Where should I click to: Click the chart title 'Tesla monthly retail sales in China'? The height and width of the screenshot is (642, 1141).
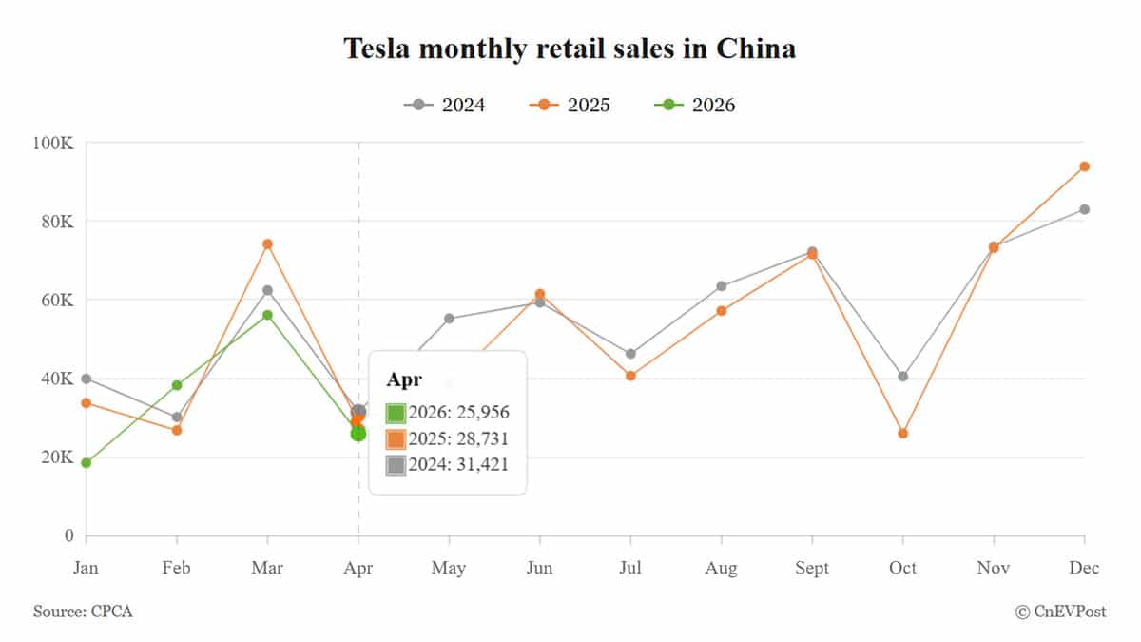[570, 49]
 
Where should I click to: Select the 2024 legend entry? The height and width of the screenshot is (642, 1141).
[444, 105]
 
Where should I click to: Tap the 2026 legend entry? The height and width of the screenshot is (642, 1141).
[695, 105]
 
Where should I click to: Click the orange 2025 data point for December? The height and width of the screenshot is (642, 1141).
[1085, 166]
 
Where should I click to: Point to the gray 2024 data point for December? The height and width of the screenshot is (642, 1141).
[1085, 209]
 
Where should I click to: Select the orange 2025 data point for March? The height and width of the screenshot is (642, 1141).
[267, 244]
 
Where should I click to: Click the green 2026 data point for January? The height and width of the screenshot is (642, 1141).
[87, 462]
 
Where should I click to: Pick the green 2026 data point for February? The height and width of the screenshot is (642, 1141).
[177, 385]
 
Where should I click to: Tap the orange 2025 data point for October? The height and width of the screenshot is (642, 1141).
[903, 434]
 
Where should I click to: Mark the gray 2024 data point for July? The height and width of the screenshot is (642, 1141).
[630, 354]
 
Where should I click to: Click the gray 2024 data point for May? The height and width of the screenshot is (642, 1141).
[449, 319]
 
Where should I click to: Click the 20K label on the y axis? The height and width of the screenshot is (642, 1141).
[58, 457]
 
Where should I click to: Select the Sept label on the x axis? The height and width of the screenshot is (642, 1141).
[812, 568]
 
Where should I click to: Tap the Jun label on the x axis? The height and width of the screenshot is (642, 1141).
[539, 568]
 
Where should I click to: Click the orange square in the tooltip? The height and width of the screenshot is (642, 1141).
[396, 439]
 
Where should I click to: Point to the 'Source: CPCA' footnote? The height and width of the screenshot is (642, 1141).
[83, 612]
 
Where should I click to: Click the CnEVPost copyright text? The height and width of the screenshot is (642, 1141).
[1060, 612]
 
